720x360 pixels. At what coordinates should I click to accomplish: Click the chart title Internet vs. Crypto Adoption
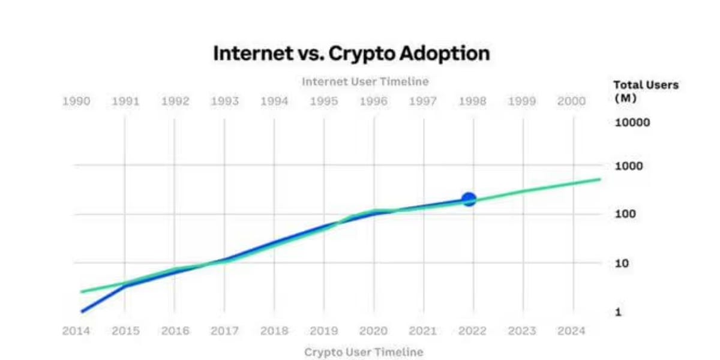[x=352, y=53]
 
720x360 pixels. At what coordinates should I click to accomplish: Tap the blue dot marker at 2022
[x=469, y=199]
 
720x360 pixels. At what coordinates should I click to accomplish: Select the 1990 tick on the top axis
[x=76, y=101]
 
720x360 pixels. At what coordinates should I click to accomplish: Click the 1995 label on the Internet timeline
[x=323, y=101]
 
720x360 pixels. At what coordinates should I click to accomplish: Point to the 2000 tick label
[x=571, y=101]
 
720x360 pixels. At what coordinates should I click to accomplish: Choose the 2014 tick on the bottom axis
[x=76, y=331]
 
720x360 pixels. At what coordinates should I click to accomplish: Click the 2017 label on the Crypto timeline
[x=224, y=331]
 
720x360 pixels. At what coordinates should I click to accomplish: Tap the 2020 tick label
[x=373, y=331]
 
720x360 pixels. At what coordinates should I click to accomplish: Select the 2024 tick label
[x=571, y=331]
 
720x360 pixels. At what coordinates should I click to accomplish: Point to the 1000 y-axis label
[x=629, y=166]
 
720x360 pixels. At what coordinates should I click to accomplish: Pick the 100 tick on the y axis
[x=626, y=214]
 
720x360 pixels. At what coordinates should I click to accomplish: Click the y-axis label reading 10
[x=623, y=263]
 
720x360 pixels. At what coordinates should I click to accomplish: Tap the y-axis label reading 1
[x=619, y=312]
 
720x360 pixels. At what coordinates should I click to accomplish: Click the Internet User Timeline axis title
[x=365, y=81]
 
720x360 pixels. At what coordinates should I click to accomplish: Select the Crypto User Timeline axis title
[x=364, y=352]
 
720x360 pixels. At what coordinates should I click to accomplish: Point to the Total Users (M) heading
[x=646, y=91]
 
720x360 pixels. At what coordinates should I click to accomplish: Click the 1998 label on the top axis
[x=472, y=101]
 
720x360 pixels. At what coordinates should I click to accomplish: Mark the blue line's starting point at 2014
[x=81, y=311]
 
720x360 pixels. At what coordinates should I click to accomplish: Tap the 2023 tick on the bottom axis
[x=522, y=331]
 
